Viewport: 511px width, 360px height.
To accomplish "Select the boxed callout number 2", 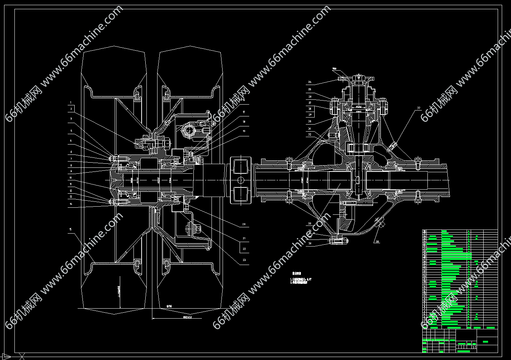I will click(x=71, y=109).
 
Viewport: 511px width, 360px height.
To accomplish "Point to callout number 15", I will click(x=70, y=230).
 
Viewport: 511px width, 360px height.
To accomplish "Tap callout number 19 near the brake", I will click(x=244, y=131).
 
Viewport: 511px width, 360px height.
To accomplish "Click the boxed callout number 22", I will click(x=244, y=249).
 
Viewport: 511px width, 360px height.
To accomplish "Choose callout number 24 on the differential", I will click(x=310, y=82).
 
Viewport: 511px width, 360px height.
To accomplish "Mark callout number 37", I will click(x=419, y=108).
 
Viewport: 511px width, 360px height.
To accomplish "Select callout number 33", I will click(x=310, y=223).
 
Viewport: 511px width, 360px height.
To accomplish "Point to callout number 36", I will click(x=310, y=243).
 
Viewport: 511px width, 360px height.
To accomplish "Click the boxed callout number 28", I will click(x=310, y=109).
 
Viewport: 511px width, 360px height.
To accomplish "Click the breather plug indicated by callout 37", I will click(x=392, y=146).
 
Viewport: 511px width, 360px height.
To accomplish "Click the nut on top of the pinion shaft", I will click(x=358, y=78).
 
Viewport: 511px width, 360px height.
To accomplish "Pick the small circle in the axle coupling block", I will click(x=241, y=180).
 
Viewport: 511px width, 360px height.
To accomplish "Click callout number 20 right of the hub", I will click(x=244, y=224).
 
